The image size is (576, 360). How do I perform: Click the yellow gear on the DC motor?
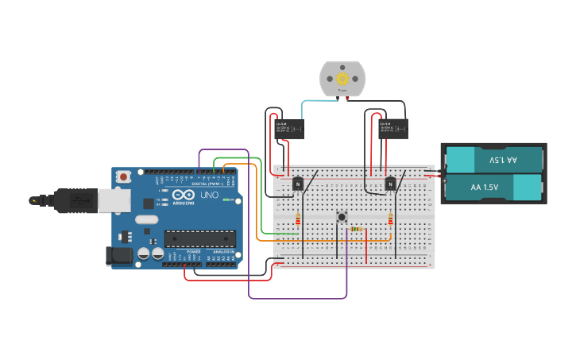click(x=342, y=78)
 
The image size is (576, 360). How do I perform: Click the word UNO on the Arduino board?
click(x=209, y=195)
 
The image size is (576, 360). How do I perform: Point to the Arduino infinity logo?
click(x=183, y=195)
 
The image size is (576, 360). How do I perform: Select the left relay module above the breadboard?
click(x=288, y=129)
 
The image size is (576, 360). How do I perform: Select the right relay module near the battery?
click(x=392, y=128)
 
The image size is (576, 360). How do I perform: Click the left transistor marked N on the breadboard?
click(x=298, y=184)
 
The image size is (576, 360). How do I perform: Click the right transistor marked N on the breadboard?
click(x=390, y=184)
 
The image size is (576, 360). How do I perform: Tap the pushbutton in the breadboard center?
click(x=342, y=216)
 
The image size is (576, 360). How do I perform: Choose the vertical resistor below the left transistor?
click(x=298, y=219)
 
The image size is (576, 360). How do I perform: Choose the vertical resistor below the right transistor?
click(x=390, y=219)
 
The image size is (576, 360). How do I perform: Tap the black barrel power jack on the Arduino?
click(x=118, y=255)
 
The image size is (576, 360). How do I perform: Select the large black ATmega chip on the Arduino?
click(x=199, y=238)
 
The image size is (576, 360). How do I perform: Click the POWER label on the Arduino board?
click(x=193, y=251)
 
